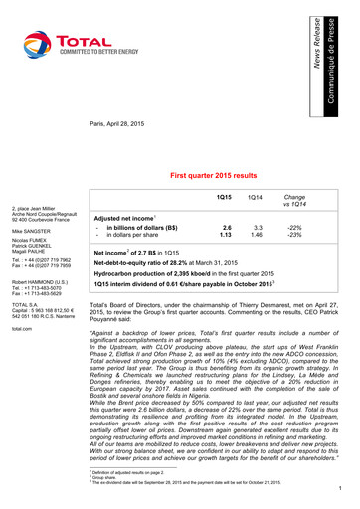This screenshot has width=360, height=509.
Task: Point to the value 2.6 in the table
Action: (x=227, y=228)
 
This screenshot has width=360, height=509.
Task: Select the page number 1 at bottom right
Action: (x=340, y=488)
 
